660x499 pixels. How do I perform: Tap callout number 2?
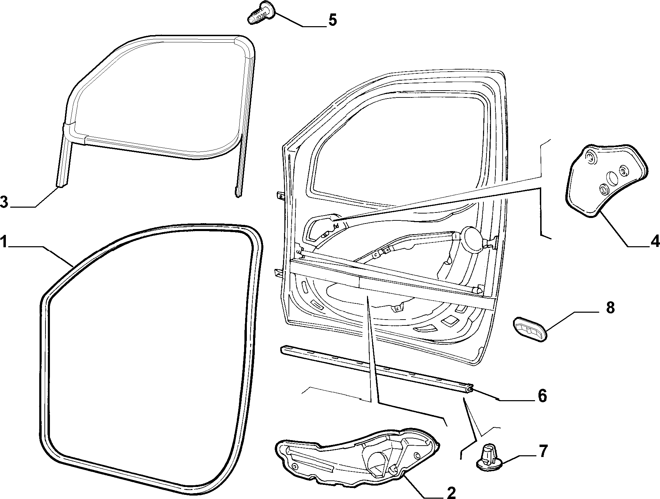click(x=451, y=492)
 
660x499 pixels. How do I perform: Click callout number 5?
click(x=332, y=20)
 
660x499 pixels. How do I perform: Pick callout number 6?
click(x=542, y=396)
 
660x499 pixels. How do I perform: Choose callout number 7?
click(x=542, y=451)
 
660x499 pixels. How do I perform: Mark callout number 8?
click(x=610, y=308)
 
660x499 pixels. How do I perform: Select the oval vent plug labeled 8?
click(x=529, y=330)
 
